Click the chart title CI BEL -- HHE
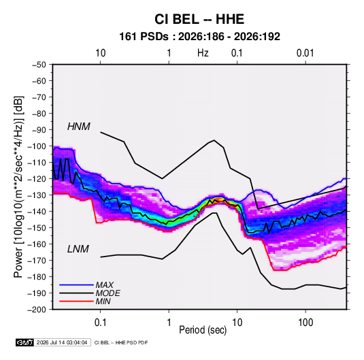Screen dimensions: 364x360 pyautogui.click(x=199, y=19)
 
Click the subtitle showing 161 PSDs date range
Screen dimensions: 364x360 pyautogui.click(x=199, y=37)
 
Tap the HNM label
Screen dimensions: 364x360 pyautogui.click(x=79, y=127)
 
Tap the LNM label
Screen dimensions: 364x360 pyautogui.click(x=78, y=249)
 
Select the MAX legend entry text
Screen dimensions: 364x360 pyautogui.click(x=105, y=284)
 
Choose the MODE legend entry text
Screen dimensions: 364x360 pyautogui.click(x=107, y=293)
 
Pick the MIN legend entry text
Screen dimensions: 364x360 pyautogui.click(x=103, y=301)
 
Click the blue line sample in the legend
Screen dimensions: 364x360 pyautogui.click(x=76, y=284)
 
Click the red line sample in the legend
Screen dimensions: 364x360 pyautogui.click(x=76, y=301)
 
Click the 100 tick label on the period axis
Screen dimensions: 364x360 pyautogui.click(x=305, y=323)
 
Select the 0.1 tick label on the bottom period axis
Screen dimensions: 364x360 pyautogui.click(x=100, y=323)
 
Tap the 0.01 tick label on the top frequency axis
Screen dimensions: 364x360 pyautogui.click(x=305, y=53)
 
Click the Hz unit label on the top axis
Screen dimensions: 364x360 pyautogui.click(x=203, y=53)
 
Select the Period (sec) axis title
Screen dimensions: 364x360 pyautogui.click(x=203, y=330)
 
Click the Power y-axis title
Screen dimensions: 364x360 pyautogui.click(x=18, y=187)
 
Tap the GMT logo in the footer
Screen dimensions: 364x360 pyautogui.click(x=25, y=342)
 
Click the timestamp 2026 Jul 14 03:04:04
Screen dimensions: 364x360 pyautogui.click(x=62, y=342)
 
